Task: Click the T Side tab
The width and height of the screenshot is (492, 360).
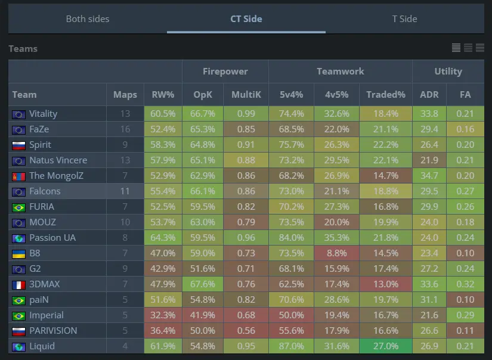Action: pos(404,18)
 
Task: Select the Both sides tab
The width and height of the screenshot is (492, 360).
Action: pos(87,18)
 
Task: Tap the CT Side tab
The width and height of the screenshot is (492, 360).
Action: pos(246,18)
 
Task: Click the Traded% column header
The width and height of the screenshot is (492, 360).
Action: pos(385,94)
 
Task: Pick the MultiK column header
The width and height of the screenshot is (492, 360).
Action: pos(246,94)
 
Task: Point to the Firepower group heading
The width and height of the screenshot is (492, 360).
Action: pos(225,71)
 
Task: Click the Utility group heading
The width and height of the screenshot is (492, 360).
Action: pos(448,71)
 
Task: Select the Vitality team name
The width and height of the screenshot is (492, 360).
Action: pos(43,114)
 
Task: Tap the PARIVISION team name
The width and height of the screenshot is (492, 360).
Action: pos(53,331)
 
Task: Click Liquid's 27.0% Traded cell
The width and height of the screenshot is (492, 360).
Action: pos(385,346)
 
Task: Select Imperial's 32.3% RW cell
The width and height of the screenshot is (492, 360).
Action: pos(163,315)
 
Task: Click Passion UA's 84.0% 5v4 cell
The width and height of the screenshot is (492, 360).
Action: pos(292,238)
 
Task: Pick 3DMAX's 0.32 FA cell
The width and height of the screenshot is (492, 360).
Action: pos(465,284)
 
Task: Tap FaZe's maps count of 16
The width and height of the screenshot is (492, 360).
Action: pos(125,129)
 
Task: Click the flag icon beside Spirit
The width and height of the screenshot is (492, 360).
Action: pos(18,145)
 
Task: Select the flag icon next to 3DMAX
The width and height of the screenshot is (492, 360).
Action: pos(18,284)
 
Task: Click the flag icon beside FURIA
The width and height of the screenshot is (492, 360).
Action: pos(18,207)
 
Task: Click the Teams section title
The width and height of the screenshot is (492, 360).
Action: pos(23,48)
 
